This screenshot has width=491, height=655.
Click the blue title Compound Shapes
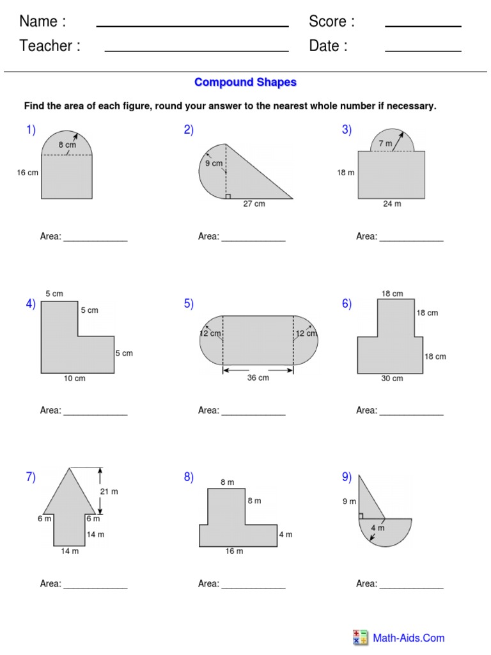tap(245, 83)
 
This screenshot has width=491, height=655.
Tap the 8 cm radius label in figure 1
tap(67, 145)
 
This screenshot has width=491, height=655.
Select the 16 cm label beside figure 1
tap(27, 173)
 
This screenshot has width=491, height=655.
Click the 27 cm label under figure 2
tap(253, 204)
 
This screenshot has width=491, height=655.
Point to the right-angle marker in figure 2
tap(228, 196)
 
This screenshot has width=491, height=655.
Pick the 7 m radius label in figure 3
tap(385, 144)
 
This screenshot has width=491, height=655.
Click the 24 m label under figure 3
tap(392, 204)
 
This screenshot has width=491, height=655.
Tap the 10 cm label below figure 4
tap(74, 379)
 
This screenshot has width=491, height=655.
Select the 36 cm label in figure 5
tap(258, 378)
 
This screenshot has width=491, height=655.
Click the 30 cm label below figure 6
tap(392, 379)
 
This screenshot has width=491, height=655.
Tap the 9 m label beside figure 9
tap(348, 502)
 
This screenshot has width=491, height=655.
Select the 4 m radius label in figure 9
tap(378, 528)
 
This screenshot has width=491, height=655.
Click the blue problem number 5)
tap(189, 304)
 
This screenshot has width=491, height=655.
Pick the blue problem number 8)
tap(189, 477)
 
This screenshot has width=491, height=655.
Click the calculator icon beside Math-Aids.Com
tap(360, 637)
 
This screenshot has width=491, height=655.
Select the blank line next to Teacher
tap(196, 51)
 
